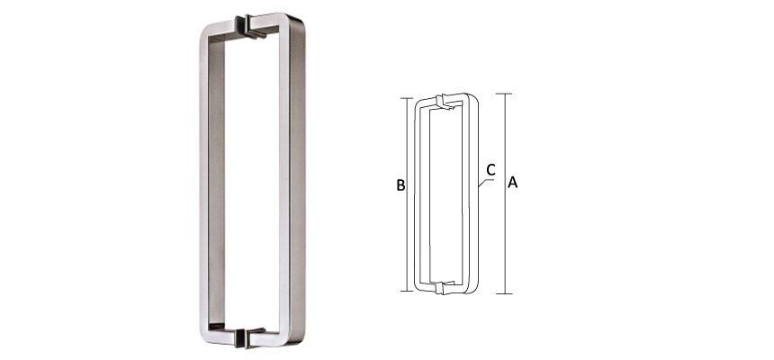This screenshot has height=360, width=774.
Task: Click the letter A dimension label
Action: click(513, 183)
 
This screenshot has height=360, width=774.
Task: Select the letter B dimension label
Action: click(400, 186)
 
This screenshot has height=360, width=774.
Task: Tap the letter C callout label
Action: click(490, 168)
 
